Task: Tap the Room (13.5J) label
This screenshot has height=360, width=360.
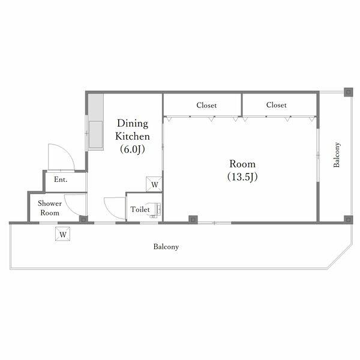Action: point(242,170)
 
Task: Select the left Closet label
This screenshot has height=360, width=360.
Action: point(206,105)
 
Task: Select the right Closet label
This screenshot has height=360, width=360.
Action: point(276,105)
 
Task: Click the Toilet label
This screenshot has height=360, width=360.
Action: point(140,209)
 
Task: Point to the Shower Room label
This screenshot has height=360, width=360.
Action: point(50,208)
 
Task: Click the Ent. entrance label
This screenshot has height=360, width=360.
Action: point(61,179)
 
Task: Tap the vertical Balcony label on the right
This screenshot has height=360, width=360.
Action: point(337,155)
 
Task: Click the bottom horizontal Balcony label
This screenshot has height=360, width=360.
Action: point(166,247)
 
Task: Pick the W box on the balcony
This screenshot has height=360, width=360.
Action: point(62,234)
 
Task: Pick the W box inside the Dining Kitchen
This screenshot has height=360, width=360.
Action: point(154,184)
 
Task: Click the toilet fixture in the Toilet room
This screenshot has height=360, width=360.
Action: point(155,209)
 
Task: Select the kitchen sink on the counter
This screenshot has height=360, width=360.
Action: point(96,134)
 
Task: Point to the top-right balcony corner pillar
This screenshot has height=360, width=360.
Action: point(348,92)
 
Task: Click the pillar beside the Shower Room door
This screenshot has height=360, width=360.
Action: point(83,220)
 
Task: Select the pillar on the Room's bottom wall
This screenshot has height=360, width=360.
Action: point(193,220)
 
